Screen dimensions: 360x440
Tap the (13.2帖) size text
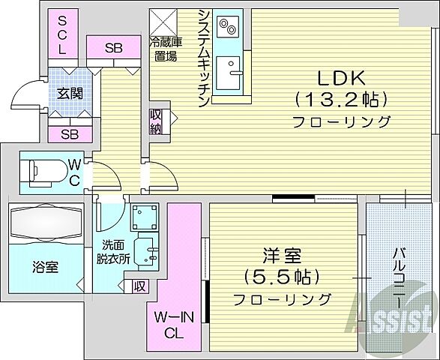(x=341, y=98)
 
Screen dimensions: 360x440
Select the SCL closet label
(x=63, y=34)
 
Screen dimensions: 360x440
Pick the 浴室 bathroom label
(x=46, y=267)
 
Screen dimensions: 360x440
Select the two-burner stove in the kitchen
(x=227, y=27)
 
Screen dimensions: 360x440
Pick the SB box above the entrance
(x=113, y=49)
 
